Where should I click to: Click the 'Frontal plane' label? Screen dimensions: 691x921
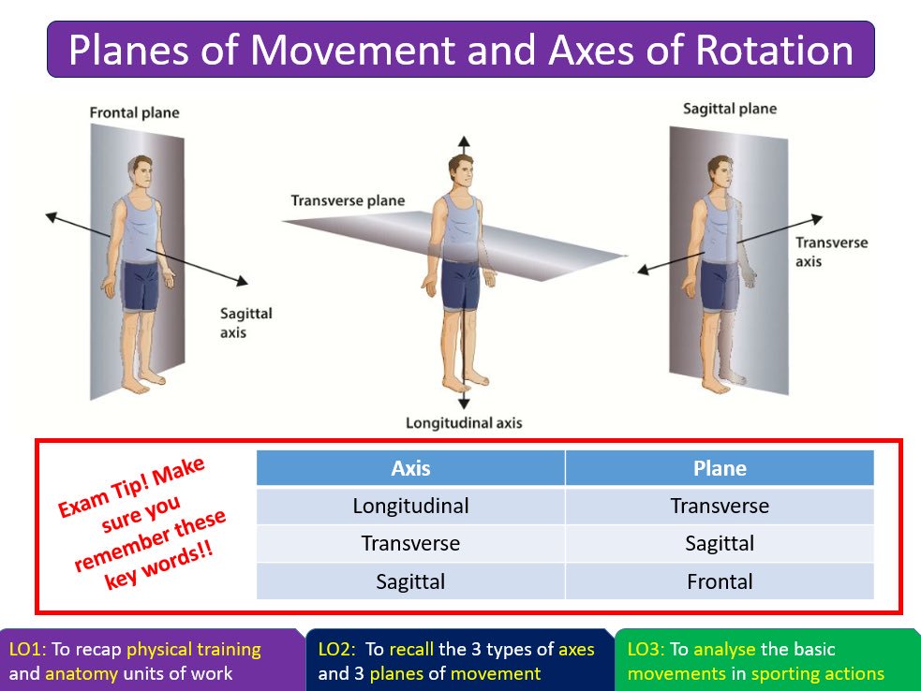click(134, 113)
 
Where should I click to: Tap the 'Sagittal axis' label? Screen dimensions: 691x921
click(245, 322)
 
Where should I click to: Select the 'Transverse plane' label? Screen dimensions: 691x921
click(348, 200)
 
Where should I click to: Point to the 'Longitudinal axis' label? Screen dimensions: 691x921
click(464, 423)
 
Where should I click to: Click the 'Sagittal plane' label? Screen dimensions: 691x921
click(730, 109)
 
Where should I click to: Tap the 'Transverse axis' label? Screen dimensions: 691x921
click(831, 252)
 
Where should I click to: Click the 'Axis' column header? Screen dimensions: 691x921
click(410, 468)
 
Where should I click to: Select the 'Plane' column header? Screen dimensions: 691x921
click(720, 468)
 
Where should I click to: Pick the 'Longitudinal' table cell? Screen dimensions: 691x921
click(410, 507)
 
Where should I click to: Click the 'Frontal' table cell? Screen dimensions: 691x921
click(720, 581)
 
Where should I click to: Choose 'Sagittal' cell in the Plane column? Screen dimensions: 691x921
click(720, 544)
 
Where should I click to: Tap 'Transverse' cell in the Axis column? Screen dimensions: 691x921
click(410, 544)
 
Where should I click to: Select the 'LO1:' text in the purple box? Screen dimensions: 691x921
click(29, 650)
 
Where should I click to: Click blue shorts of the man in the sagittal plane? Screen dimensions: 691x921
click(719, 287)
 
